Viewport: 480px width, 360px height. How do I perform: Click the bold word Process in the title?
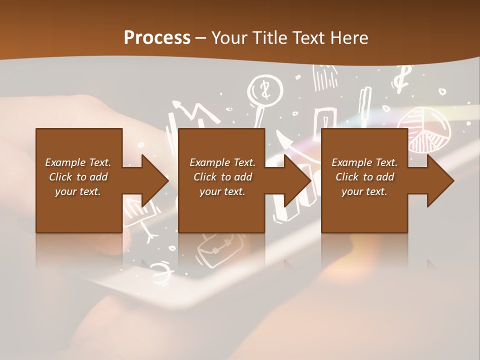click(x=157, y=37)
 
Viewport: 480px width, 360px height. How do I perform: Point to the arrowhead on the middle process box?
click(x=297, y=180)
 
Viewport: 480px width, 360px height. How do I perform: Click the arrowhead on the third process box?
click(x=440, y=180)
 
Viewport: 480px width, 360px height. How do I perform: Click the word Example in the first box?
click(x=65, y=162)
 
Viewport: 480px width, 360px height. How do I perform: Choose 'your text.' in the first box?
click(x=78, y=191)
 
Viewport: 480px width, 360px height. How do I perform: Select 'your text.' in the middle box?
click(x=222, y=191)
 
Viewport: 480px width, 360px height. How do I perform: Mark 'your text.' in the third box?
click(x=364, y=191)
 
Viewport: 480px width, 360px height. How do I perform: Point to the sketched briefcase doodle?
click(x=220, y=247)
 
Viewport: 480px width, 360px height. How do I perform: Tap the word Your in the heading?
click(x=228, y=37)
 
